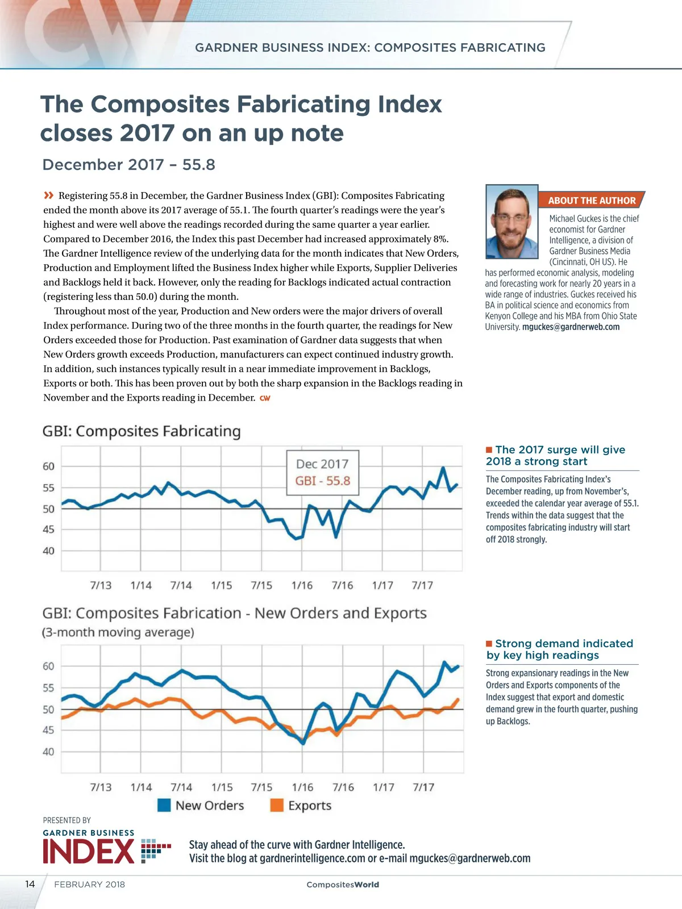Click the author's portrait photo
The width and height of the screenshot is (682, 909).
(x=512, y=221)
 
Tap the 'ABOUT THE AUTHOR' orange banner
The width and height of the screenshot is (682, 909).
(x=591, y=201)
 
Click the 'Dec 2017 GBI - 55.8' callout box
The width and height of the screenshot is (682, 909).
(x=322, y=473)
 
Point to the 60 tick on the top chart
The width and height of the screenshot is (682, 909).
(x=49, y=466)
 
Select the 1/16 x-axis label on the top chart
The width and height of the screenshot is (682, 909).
(x=302, y=585)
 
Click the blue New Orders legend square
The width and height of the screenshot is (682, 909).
(x=164, y=805)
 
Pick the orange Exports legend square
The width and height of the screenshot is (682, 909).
(x=277, y=805)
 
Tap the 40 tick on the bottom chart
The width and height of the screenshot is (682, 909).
(x=49, y=752)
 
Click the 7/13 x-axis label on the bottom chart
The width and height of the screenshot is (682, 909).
(x=101, y=787)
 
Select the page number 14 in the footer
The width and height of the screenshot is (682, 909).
(x=30, y=884)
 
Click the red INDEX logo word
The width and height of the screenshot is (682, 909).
(x=89, y=852)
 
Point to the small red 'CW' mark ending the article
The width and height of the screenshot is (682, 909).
(x=265, y=398)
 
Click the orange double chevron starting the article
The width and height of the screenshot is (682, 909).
(x=49, y=195)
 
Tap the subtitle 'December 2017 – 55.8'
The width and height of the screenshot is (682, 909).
(x=129, y=165)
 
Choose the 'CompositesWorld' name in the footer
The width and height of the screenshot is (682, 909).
(x=342, y=885)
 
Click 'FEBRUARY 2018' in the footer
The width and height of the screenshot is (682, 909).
(x=89, y=884)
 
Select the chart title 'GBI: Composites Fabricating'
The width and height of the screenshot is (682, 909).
(x=142, y=431)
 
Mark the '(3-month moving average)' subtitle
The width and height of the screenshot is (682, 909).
(x=118, y=632)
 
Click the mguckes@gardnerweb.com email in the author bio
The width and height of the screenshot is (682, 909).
(x=571, y=327)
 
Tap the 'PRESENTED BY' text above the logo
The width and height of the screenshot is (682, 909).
(x=67, y=820)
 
